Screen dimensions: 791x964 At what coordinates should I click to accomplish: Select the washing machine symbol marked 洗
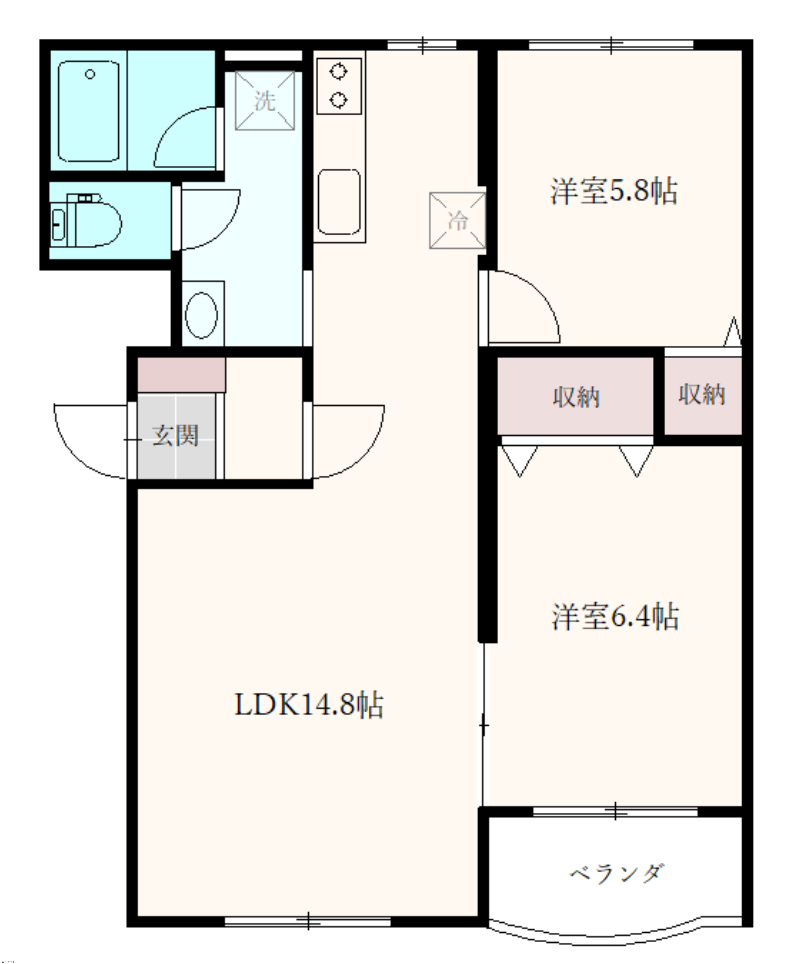tap(265, 101)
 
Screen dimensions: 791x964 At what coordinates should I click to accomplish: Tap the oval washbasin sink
tap(201, 315)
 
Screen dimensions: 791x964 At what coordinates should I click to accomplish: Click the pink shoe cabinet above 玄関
tap(181, 375)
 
